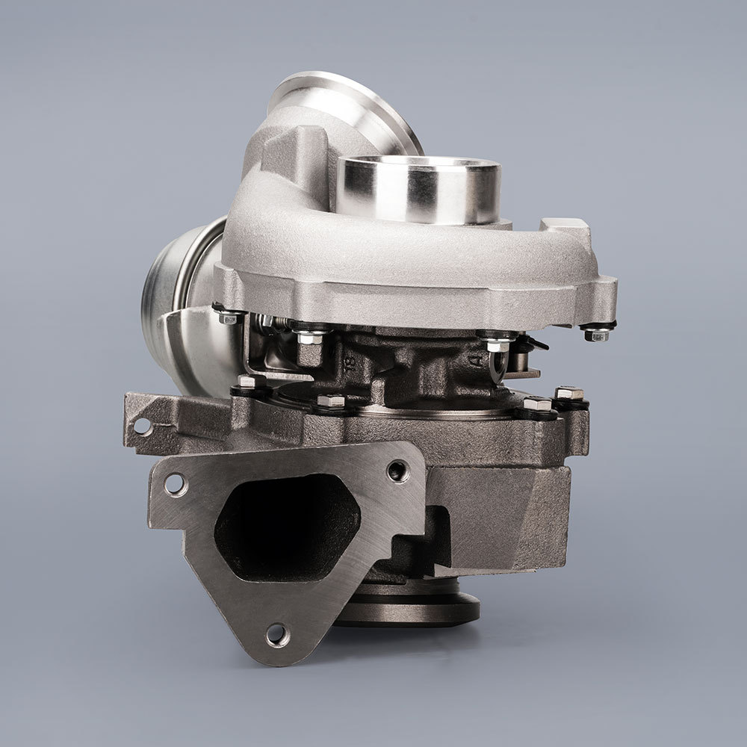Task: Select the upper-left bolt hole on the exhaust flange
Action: click(176, 484)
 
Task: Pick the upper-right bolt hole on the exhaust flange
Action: click(397, 471)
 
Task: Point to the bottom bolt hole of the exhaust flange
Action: click(276, 634)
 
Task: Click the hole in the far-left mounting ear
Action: click(140, 427)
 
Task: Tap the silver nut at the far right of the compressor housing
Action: click(596, 332)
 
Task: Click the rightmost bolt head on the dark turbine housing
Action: click(568, 394)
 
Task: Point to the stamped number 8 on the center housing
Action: click(349, 364)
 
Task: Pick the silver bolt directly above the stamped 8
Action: click(308, 337)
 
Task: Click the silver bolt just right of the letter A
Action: click(497, 347)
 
